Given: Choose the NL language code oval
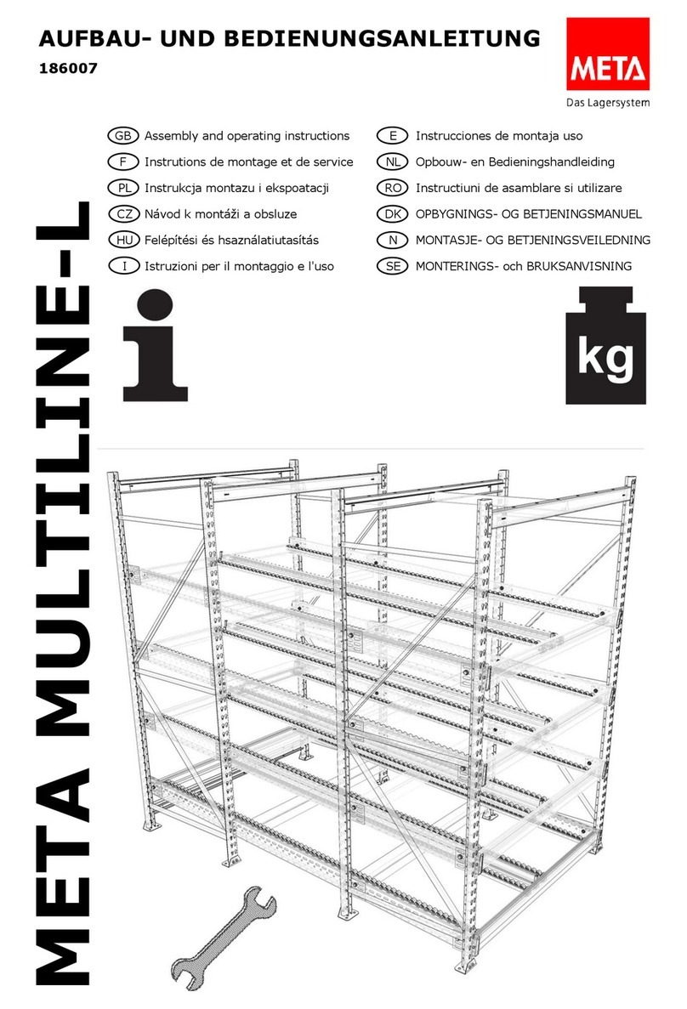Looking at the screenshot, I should click(x=392, y=162).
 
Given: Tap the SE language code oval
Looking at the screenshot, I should click(x=392, y=266).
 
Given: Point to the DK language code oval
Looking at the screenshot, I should click(x=392, y=214).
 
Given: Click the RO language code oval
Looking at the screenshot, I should click(x=392, y=188).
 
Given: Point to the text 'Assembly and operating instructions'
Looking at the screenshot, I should click(x=247, y=136).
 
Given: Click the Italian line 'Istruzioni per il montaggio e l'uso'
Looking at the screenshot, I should click(x=239, y=266).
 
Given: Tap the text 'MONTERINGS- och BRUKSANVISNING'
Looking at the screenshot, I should click(x=524, y=266).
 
